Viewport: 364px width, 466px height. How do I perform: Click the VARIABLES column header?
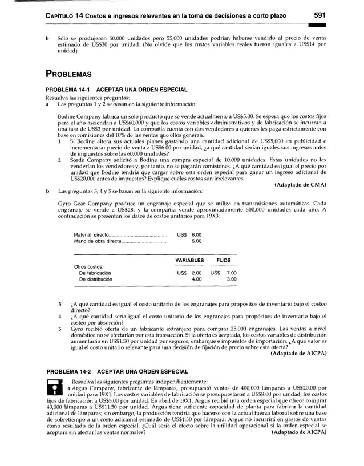click(x=189, y=260)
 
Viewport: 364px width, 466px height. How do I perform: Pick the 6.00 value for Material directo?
click(x=196, y=234)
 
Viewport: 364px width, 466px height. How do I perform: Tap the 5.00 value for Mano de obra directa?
click(x=196, y=241)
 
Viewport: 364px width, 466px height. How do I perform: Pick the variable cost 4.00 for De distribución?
click(x=196, y=279)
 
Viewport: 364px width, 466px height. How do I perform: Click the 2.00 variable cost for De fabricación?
click(x=196, y=273)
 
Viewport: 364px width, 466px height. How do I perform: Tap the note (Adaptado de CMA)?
click(x=300, y=184)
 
